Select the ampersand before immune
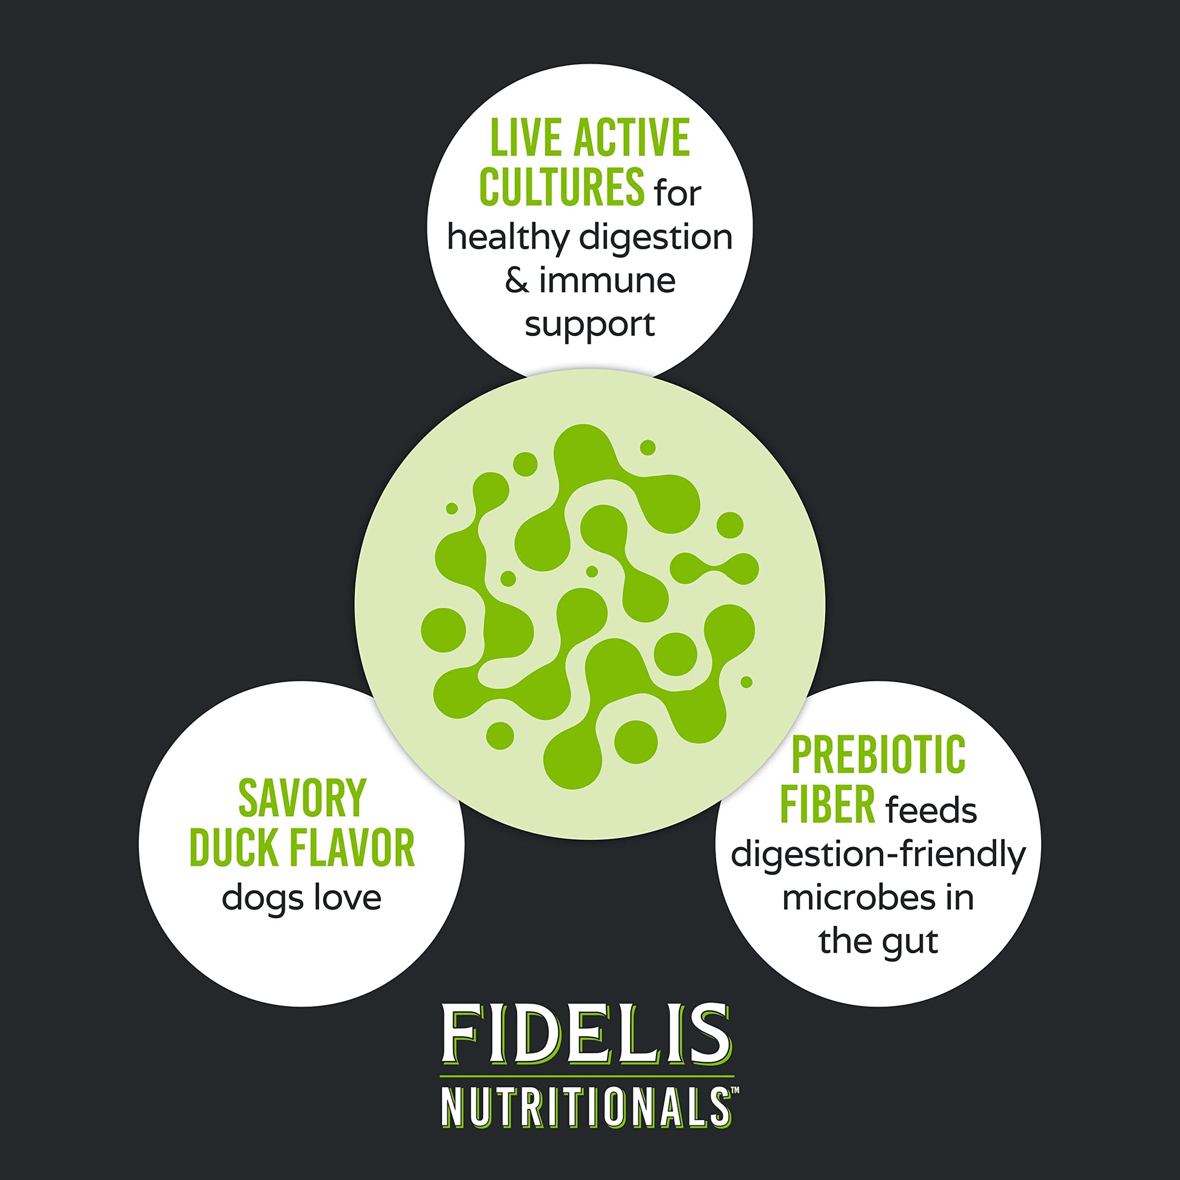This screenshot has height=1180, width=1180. click(x=517, y=281)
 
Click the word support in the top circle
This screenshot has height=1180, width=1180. click(x=589, y=326)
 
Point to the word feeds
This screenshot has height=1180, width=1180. click(x=931, y=810)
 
